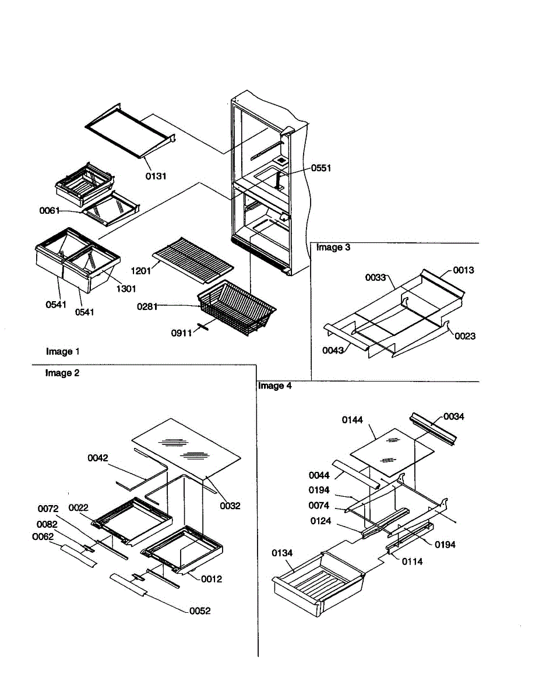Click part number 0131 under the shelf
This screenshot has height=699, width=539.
(x=156, y=176)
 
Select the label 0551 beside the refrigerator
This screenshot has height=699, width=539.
(x=320, y=168)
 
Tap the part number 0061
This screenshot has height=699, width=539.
(x=50, y=210)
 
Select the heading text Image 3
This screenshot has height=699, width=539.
(x=333, y=248)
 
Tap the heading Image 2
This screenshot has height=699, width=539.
(x=62, y=373)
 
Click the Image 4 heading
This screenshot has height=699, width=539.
(x=274, y=386)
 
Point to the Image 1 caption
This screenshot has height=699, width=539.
(x=63, y=351)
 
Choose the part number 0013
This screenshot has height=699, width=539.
(x=464, y=270)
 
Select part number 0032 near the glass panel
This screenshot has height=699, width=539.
(x=230, y=506)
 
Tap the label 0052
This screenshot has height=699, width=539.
(x=200, y=610)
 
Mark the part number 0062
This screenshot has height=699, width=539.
(x=43, y=536)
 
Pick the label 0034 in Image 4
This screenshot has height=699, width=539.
(x=454, y=416)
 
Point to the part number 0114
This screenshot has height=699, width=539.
(x=412, y=562)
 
